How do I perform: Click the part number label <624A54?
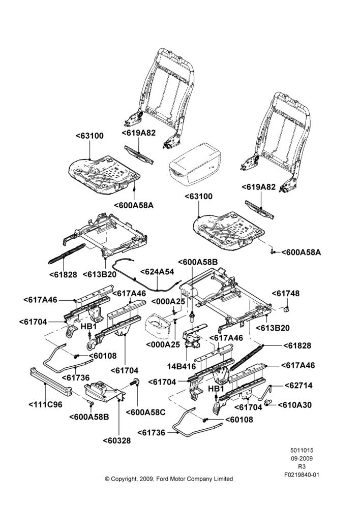pos(157,271)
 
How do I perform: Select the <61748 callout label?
pos(285,293)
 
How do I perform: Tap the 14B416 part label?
pos(182,366)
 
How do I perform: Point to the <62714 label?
pos(298,385)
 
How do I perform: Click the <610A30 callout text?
pos(295,405)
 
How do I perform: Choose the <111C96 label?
pos(45,404)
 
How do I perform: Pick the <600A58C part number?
pos(145,412)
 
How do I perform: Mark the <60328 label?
pos(117,440)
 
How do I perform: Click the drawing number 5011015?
pos(302,450)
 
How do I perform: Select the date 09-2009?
pos(302,458)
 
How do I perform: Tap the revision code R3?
pos(302,466)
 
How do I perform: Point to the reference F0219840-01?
pos(302,474)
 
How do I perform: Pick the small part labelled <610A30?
pos(268,402)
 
